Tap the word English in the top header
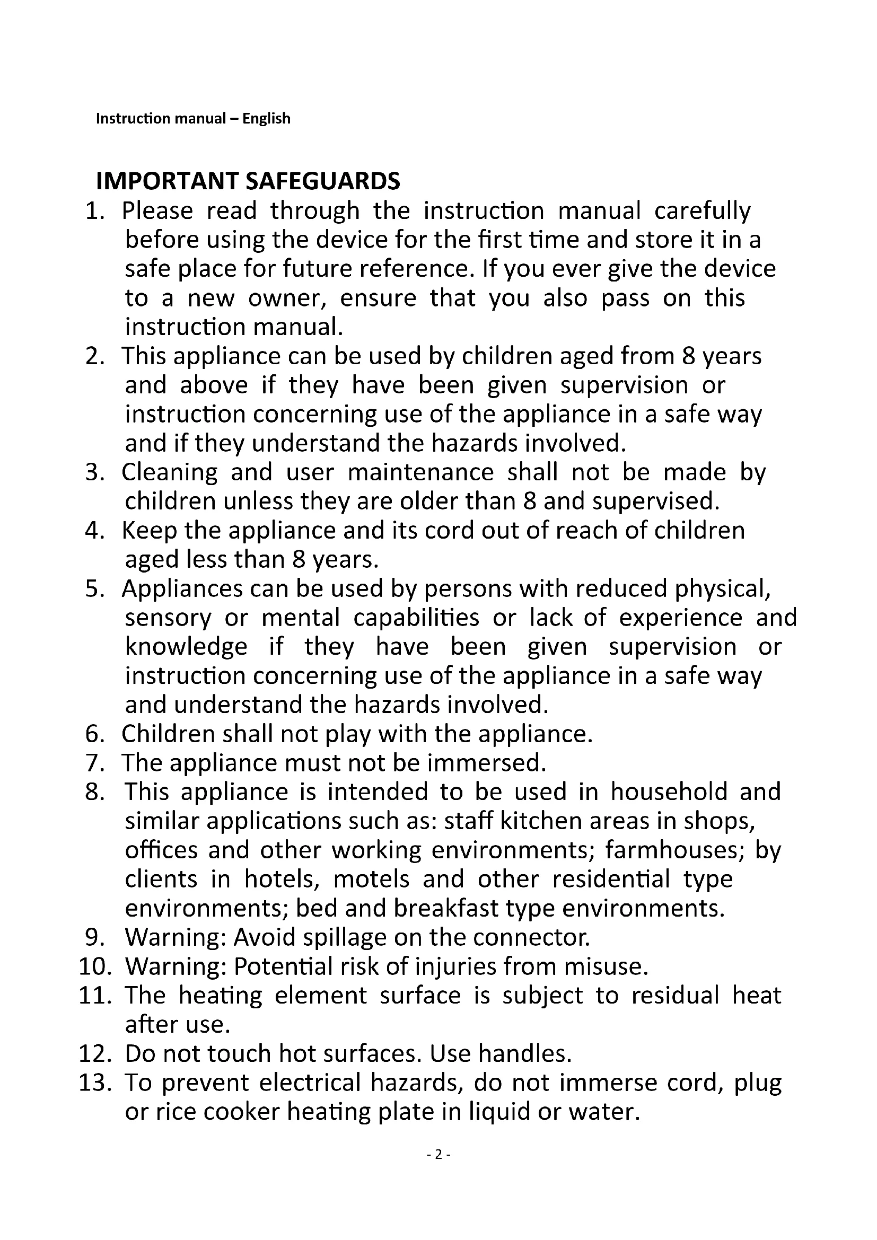[266, 118]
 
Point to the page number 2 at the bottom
[438, 1154]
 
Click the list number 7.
[94, 762]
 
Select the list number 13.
[94, 1083]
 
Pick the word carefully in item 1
[702, 211]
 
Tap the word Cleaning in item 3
[169, 472]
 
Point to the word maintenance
[420, 472]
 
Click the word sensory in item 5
[168, 618]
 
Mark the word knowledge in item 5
[186, 647]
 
